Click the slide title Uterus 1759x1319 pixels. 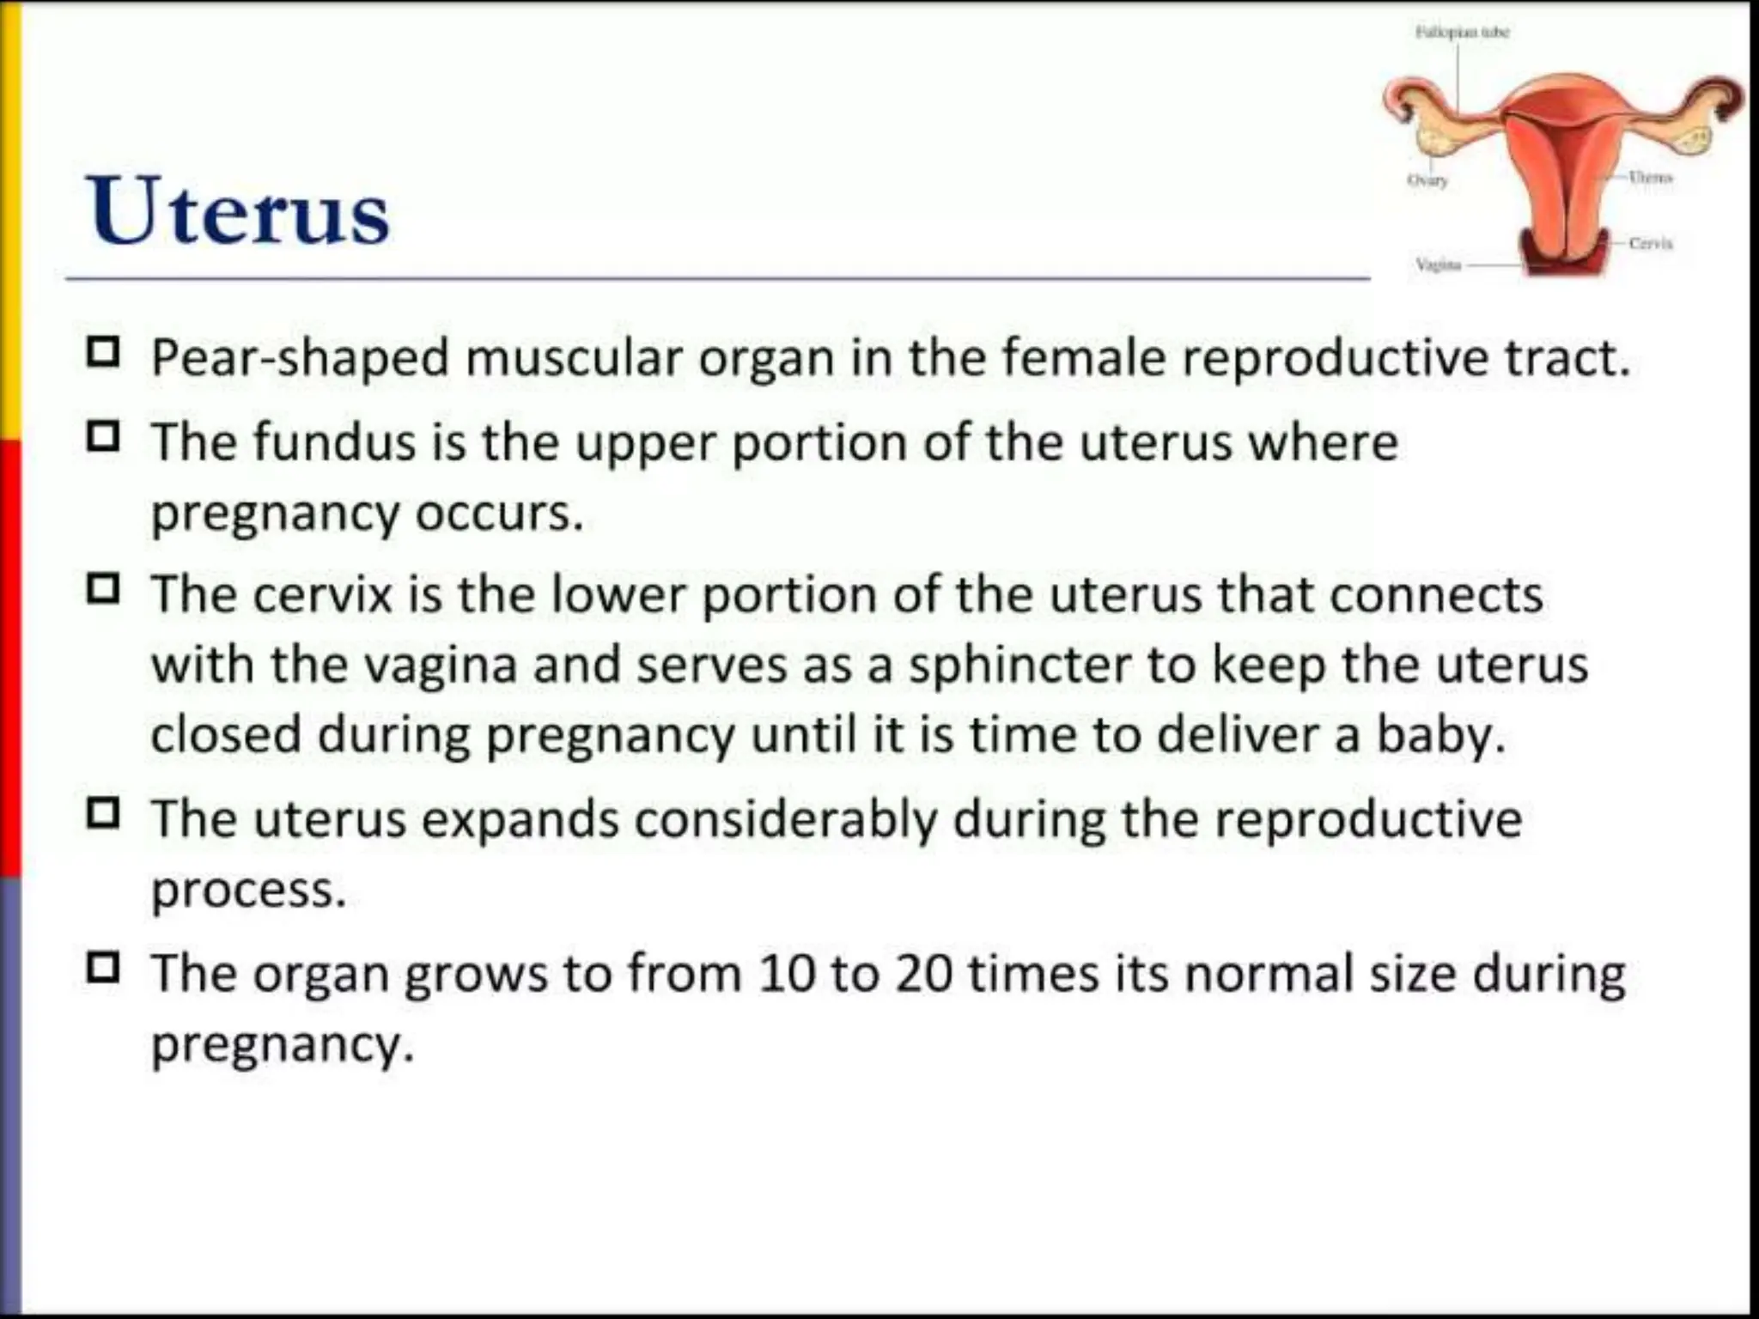(238, 211)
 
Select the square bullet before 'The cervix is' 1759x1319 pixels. (103, 589)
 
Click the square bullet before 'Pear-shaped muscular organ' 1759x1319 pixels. (103, 352)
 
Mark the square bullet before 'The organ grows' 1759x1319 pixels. (103, 968)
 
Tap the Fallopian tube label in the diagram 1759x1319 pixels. (1462, 33)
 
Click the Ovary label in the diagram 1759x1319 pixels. (1427, 180)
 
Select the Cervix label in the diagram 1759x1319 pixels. (1650, 244)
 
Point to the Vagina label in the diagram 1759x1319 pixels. (1438, 264)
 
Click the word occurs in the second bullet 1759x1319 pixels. (498, 514)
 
